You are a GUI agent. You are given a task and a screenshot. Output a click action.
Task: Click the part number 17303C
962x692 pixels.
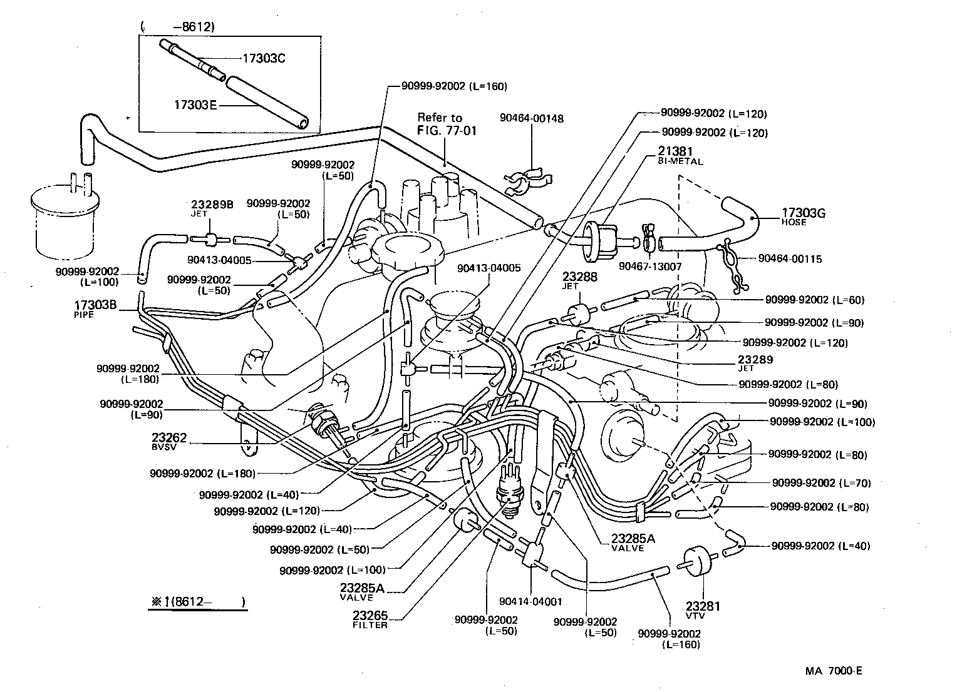[x=264, y=58]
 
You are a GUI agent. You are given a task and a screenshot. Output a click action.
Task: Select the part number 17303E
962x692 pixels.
[x=195, y=104]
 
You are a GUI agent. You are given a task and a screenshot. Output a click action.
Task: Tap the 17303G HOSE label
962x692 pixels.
[x=803, y=216]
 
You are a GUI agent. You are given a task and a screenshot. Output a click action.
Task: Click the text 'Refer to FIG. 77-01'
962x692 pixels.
[x=441, y=124]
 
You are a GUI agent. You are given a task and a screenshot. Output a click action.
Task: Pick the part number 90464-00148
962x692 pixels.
[x=532, y=118]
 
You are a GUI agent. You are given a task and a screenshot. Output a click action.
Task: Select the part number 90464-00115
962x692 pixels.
[x=790, y=258]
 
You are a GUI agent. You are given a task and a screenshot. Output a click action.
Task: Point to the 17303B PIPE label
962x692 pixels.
[x=95, y=309]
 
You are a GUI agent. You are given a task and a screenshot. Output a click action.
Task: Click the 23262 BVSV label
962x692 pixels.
[x=169, y=441]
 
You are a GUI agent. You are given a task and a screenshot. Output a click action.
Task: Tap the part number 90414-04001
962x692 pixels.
[x=531, y=602]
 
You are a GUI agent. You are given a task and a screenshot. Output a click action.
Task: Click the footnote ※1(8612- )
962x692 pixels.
[x=197, y=603]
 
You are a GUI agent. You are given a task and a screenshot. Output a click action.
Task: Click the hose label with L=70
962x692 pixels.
[x=821, y=483]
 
